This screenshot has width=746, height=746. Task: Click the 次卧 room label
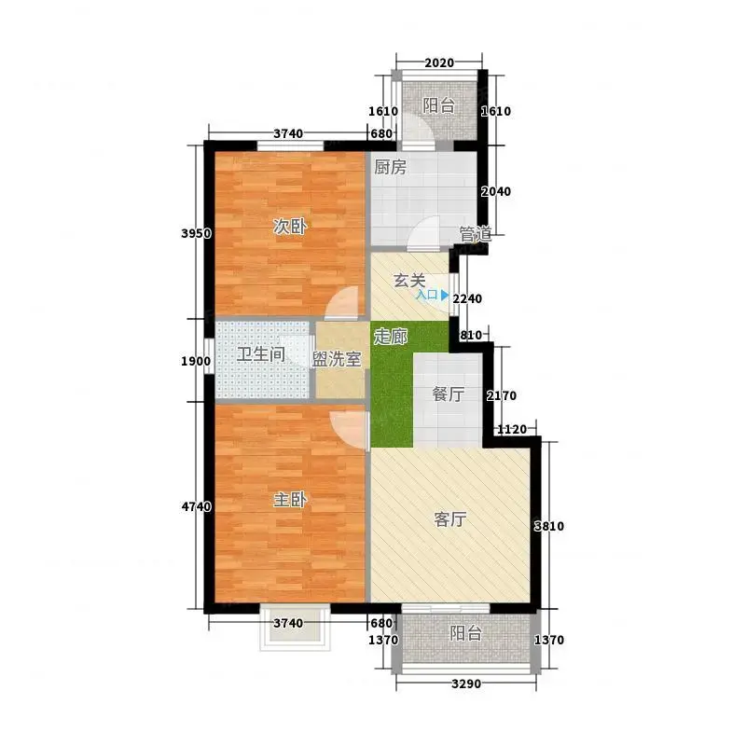point(289,227)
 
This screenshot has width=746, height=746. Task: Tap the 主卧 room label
point(289,500)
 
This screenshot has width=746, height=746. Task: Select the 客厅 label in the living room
point(449,519)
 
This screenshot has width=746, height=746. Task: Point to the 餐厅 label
point(448,394)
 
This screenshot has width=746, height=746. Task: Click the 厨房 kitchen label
point(390,167)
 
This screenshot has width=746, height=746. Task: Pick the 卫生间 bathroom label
point(261,354)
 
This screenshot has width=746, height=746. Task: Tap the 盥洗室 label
point(337,359)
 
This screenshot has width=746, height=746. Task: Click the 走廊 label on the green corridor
point(390,337)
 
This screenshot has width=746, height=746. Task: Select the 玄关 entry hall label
point(409,281)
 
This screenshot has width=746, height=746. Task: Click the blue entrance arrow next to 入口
point(445,295)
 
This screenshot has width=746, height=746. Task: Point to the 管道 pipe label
point(476,234)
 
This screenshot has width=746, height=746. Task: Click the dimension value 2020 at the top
point(438,62)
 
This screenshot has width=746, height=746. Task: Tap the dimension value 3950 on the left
point(196,234)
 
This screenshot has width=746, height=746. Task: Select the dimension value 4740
point(196,506)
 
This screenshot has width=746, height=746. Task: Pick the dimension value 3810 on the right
point(549,526)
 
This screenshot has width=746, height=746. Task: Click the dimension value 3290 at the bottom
point(466,684)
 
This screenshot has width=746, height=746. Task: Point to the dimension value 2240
point(467,298)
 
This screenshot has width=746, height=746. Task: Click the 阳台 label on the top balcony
point(438,105)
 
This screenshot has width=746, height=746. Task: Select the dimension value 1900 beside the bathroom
point(196,361)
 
